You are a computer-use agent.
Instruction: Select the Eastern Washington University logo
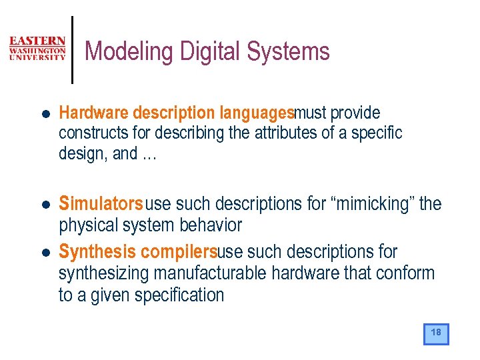(37, 49)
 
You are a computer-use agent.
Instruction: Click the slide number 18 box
(436, 333)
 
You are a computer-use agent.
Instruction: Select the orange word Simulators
(101, 203)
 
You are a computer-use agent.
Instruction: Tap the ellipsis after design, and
(149, 153)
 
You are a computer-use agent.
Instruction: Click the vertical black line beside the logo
(72, 50)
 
